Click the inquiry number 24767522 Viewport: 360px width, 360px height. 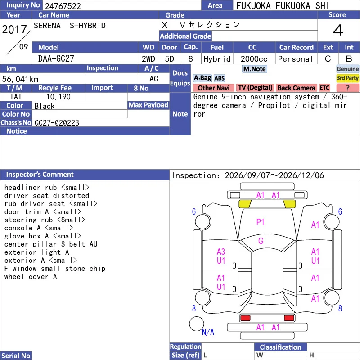pos(63,6)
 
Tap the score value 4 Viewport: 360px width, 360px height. pos(338,30)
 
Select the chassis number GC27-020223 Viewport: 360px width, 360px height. pos(57,123)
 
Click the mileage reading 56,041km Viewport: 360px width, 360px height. pos(20,79)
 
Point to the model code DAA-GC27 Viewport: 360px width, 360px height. pos(56,59)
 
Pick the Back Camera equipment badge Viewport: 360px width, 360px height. pos(296,88)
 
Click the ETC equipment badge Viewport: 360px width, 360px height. pos(324,88)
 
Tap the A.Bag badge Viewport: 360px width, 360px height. pos(202,78)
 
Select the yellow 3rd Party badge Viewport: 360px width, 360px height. pos(347,78)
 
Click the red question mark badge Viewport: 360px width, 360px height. pos(347,88)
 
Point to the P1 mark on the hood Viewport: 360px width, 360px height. pos(260,222)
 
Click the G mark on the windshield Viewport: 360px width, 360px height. pos(261,241)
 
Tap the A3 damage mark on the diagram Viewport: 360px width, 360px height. pos(221,252)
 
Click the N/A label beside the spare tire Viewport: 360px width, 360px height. pos(208,332)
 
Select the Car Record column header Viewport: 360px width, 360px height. pos(296,48)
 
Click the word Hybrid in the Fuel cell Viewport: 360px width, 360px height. pos(217,59)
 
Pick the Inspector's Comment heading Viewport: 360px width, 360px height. pos(40,175)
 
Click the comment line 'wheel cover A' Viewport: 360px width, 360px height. pos(31,277)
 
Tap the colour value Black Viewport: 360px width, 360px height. pos(45,106)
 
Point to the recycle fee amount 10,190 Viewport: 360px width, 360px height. pos(58,97)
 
